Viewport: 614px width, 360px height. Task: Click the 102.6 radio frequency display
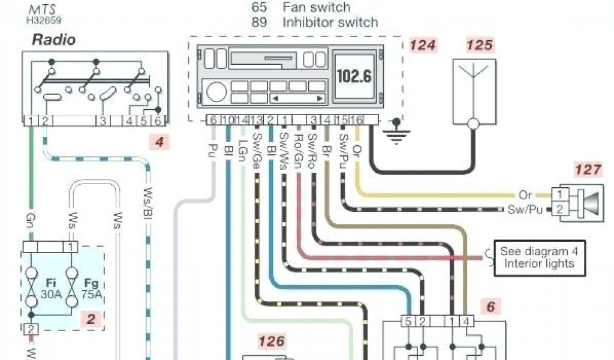(x=354, y=76)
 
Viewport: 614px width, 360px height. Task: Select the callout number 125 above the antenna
(x=480, y=44)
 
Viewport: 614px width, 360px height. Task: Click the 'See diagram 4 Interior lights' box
(x=539, y=258)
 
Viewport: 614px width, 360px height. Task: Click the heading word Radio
(x=53, y=40)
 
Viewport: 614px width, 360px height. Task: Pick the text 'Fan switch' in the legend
(x=316, y=7)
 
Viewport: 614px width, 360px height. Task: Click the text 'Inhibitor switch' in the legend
(x=330, y=23)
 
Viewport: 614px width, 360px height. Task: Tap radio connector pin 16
(x=357, y=120)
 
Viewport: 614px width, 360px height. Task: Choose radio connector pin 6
(x=213, y=120)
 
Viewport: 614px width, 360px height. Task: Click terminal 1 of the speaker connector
(x=559, y=194)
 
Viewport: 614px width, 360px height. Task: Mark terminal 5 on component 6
(x=408, y=322)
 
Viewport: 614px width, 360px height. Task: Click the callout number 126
(x=271, y=341)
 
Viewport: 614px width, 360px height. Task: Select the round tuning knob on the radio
(x=216, y=92)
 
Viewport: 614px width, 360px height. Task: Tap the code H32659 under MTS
(x=43, y=20)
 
